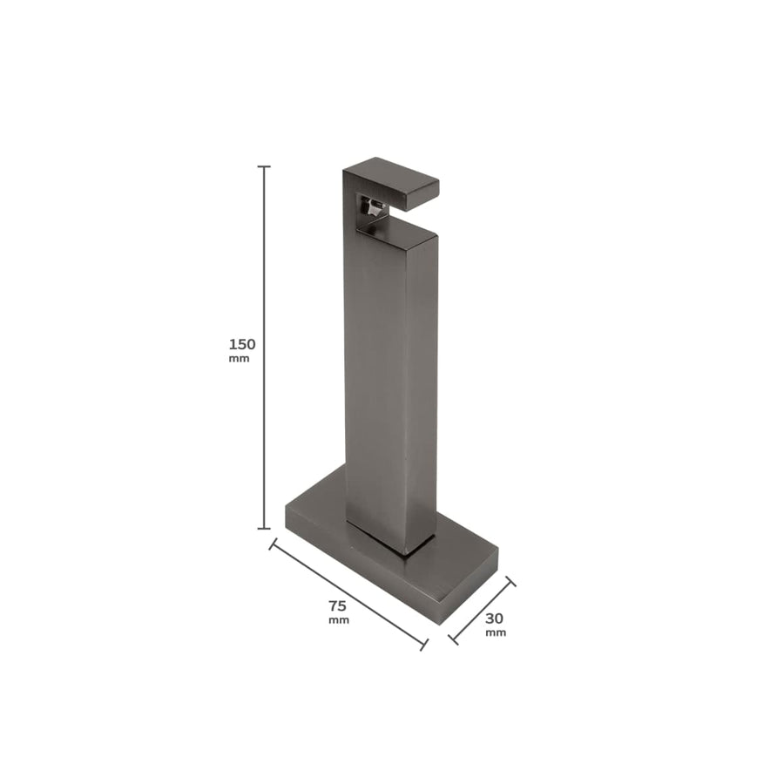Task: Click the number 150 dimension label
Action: [242, 344]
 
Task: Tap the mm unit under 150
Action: [239, 359]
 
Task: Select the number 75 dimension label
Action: [338, 605]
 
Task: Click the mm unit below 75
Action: [338, 620]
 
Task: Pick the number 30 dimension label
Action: [495, 618]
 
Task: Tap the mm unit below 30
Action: [496, 632]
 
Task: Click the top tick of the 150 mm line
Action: [265, 166]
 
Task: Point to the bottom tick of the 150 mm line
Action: [265, 528]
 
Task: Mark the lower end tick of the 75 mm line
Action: [424, 644]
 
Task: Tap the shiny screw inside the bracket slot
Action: [372, 210]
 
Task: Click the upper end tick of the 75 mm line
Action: [274, 544]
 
